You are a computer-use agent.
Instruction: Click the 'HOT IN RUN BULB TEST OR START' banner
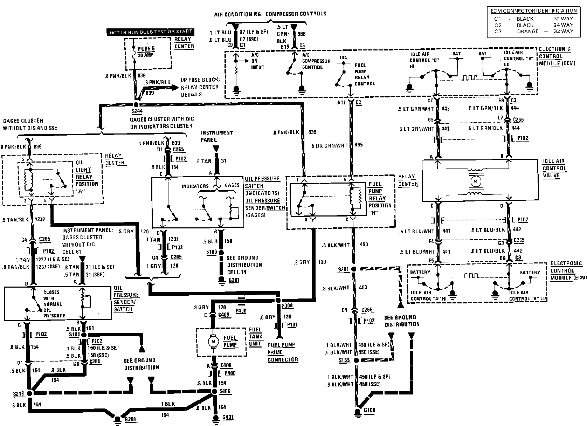[x=151, y=32]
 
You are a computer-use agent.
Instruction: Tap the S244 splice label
[x=137, y=111]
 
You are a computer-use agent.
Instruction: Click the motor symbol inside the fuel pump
[x=212, y=341]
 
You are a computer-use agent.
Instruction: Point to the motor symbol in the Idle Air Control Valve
[x=475, y=181]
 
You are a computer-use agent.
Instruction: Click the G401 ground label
[x=228, y=417]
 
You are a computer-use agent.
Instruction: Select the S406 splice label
[x=225, y=391]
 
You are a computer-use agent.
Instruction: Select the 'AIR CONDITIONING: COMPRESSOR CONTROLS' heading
[x=270, y=14]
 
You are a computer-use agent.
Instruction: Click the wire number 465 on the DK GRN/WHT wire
[x=359, y=144]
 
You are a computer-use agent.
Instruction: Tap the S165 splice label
[x=344, y=360]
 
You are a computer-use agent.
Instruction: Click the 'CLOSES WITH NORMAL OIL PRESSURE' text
[x=53, y=304]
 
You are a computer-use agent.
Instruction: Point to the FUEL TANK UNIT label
[x=255, y=336]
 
